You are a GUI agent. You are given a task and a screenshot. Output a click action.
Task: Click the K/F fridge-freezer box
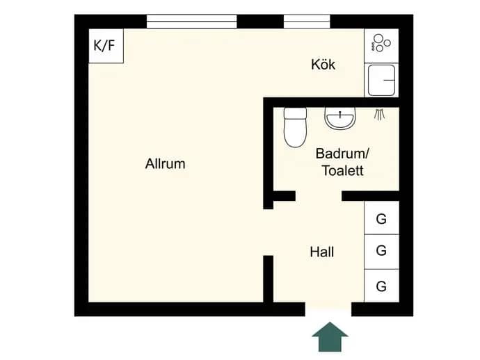coord(106,46)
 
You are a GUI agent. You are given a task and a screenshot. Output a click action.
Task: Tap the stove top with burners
coord(381,46)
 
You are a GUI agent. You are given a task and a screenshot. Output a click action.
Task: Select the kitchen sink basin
coord(381,80)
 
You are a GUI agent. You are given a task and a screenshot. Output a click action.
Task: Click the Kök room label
coord(323,65)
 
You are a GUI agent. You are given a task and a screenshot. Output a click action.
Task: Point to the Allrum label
coord(166,163)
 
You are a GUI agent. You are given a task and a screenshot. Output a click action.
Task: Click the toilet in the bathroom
coord(295,127)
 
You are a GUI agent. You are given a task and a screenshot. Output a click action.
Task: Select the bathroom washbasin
coord(340,117)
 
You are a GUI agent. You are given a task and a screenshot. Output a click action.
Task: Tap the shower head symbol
coord(380,114)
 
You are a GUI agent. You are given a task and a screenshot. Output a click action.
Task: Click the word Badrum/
coord(342,153)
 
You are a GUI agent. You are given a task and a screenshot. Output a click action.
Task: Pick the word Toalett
coord(343,171)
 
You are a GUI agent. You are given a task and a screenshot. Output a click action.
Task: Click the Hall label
coord(321,252)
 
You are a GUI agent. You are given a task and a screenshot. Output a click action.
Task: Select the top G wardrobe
coord(381,218)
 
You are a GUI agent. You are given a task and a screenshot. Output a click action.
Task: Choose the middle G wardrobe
coord(381,252)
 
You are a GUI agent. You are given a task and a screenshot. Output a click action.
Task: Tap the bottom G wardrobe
coord(381,286)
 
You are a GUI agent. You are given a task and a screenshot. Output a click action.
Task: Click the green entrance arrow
coord(330,337)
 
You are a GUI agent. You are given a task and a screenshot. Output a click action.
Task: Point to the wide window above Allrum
coord(191,22)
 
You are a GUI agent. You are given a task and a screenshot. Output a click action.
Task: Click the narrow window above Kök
coord(307,22)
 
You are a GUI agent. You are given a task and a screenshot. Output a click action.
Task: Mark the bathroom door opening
coord(319,196)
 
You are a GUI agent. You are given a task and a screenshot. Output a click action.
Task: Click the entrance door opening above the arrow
coord(328,309)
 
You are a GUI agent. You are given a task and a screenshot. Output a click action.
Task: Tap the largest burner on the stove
coord(378,38)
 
